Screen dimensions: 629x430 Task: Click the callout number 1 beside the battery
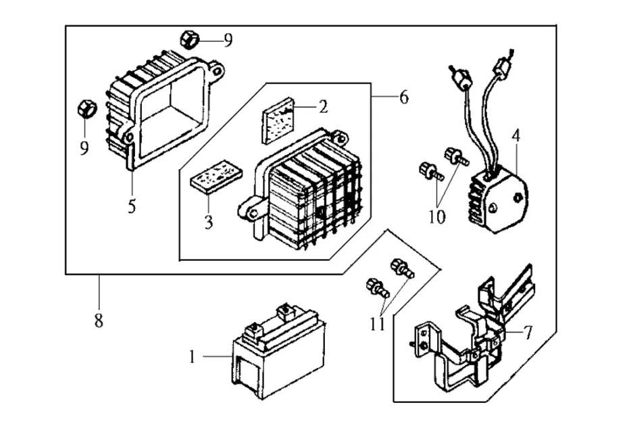tap(192, 356)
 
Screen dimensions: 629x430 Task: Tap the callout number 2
tap(322, 106)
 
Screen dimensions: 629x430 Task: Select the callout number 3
tap(208, 222)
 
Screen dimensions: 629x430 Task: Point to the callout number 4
tap(516, 136)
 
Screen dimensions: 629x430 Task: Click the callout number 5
tap(132, 206)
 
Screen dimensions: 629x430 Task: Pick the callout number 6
tap(403, 97)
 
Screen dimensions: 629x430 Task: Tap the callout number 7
tap(528, 333)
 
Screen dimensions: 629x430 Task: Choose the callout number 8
tap(99, 320)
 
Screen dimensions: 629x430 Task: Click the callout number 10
tap(437, 217)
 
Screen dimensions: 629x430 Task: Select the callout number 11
tap(377, 324)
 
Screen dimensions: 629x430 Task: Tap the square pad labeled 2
tap(278, 120)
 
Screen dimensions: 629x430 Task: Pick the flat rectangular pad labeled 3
tap(216, 177)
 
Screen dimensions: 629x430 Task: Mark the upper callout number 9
tap(228, 40)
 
